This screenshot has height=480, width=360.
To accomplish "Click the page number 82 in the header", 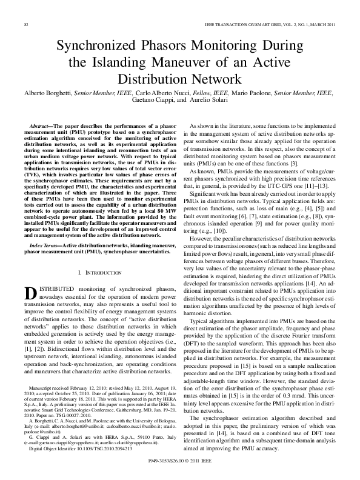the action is [26, 24].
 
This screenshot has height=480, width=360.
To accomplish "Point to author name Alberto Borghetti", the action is [47, 94].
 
